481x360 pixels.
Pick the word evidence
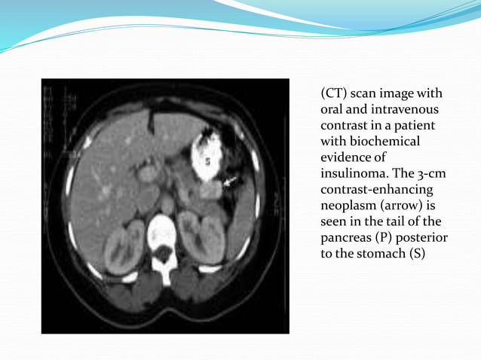(347, 157)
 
